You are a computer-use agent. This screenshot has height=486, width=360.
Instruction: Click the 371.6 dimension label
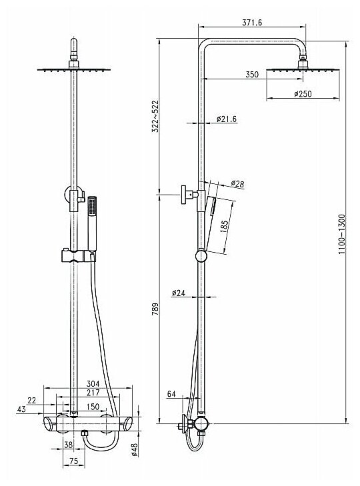point(252,23)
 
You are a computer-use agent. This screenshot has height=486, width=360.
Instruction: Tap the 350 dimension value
point(252,75)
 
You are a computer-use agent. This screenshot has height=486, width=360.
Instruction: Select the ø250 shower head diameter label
point(303,93)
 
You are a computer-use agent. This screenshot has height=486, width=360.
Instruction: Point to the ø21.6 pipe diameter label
point(227,119)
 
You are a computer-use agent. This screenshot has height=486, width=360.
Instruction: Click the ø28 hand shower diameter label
point(237,184)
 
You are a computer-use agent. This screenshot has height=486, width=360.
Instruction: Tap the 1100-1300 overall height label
point(341,234)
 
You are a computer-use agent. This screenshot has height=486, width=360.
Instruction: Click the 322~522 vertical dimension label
point(155,116)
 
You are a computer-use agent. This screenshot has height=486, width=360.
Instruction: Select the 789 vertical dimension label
point(155,309)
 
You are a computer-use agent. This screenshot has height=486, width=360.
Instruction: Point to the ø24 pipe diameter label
point(178,293)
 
